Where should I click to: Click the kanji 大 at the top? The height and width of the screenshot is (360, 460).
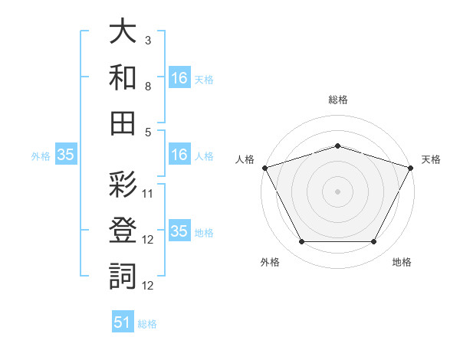(x=123, y=31)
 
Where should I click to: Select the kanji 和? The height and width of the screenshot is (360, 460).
(x=123, y=77)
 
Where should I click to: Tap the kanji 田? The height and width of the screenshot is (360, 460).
(x=123, y=123)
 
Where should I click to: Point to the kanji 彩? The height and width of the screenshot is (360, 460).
(x=123, y=185)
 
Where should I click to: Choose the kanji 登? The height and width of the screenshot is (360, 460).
(x=123, y=231)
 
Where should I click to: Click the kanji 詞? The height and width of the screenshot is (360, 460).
(x=123, y=277)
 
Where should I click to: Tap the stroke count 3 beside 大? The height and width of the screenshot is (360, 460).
(x=148, y=41)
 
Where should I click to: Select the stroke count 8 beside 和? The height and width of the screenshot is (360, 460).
(x=148, y=87)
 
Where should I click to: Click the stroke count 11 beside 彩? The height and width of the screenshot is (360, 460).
(x=147, y=194)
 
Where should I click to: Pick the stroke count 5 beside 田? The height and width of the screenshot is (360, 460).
(x=148, y=133)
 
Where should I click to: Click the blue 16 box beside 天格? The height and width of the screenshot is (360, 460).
(x=179, y=77)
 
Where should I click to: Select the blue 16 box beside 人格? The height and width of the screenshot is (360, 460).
(x=179, y=154)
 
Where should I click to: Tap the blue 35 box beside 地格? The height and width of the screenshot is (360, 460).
(x=179, y=230)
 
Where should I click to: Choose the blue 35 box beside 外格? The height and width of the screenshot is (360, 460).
(x=66, y=154)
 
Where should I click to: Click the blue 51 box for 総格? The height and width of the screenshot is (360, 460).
(x=123, y=321)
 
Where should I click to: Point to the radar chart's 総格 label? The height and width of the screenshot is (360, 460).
(x=338, y=100)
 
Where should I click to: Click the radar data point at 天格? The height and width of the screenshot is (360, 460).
(x=411, y=168)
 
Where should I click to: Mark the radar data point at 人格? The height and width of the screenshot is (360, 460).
(x=265, y=168)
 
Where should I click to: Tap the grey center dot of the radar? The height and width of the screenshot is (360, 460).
(x=337, y=191)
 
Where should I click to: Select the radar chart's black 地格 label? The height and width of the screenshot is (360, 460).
(x=402, y=262)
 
